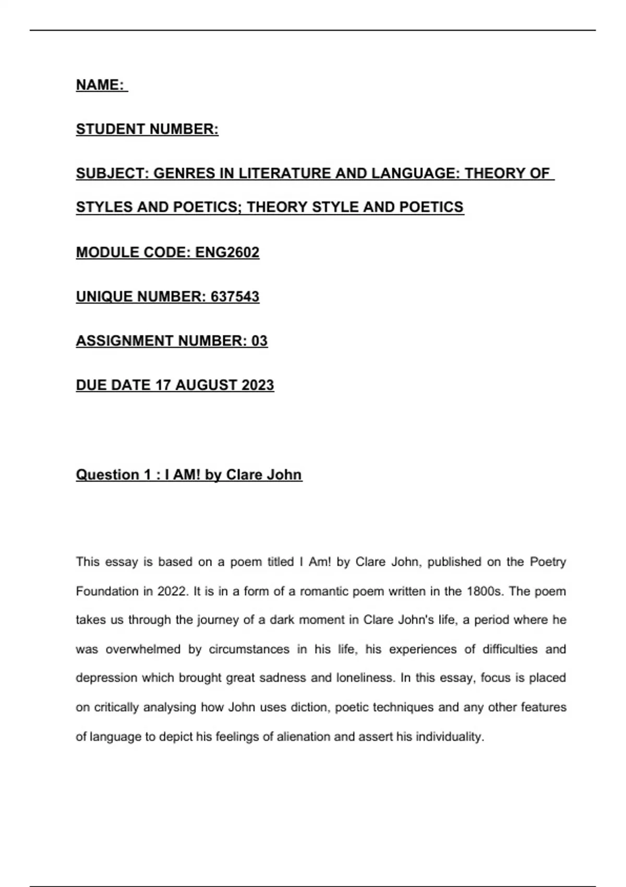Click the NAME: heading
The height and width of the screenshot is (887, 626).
tap(101, 85)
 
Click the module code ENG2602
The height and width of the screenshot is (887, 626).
tap(227, 253)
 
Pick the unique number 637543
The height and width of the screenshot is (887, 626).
tap(235, 297)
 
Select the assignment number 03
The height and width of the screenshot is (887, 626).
tap(259, 341)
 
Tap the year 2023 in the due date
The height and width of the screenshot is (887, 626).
tap(258, 385)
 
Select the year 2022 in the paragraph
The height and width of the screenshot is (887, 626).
tap(172, 591)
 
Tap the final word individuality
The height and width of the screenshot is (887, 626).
tap(450, 737)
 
